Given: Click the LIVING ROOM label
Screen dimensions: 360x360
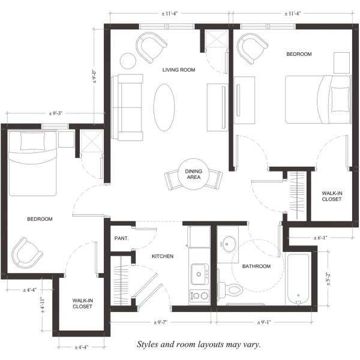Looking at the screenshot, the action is (x=179, y=70).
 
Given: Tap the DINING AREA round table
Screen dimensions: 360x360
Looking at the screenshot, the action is (x=194, y=174).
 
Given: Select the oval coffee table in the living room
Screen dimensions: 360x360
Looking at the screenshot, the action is (x=164, y=107).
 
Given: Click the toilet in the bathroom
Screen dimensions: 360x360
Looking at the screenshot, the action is (x=230, y=290).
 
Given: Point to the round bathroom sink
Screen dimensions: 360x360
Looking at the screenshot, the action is (x=228, y=244).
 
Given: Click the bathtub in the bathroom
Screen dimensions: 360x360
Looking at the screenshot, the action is (x=298, y=279).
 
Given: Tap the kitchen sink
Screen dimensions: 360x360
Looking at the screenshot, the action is (x=199, y=274).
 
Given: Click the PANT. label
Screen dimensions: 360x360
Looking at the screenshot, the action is (x=121, y=238).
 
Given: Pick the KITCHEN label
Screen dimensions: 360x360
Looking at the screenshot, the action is (x=163, y=256).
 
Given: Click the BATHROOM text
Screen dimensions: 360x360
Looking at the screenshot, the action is (x=256, y=266).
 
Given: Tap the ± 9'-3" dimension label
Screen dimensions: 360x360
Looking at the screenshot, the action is (x=56, y=113).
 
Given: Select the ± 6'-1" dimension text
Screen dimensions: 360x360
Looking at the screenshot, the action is (x=320, y=238).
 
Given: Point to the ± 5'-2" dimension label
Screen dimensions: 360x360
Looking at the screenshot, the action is (x=328, y=279).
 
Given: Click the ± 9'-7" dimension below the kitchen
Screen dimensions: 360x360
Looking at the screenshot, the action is (x=160, y=322).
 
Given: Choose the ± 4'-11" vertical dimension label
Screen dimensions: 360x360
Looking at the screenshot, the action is (x=43, y=305).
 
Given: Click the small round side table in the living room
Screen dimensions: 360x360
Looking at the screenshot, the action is (x=128, y=61).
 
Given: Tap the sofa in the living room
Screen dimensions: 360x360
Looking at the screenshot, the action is (x=127, y=107).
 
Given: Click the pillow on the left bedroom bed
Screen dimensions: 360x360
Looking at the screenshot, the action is (x=32, y=141).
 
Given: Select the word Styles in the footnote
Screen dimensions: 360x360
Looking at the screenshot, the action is (x=148, y=344).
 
